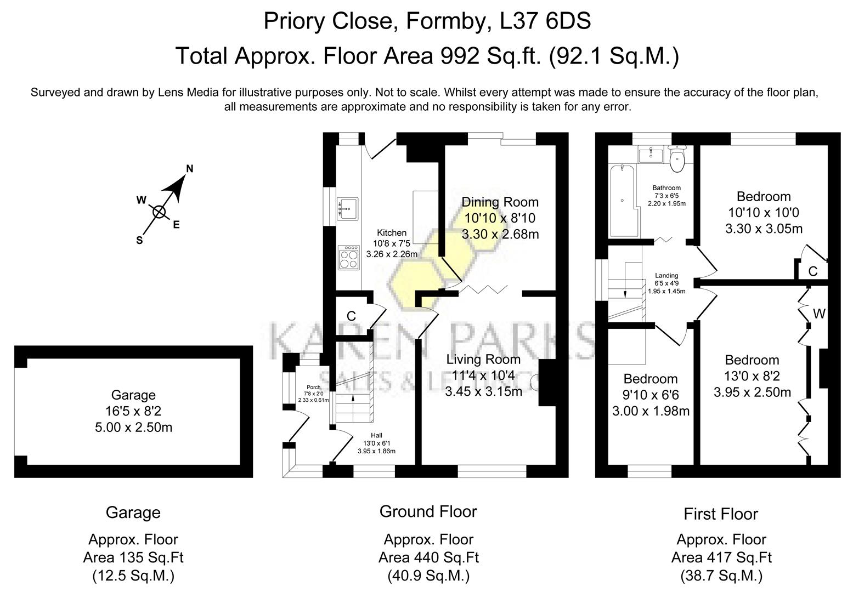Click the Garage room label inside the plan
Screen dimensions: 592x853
(x=133, y=395)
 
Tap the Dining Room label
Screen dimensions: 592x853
(x=500, y=202)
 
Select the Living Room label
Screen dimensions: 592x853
(x=483, y=360)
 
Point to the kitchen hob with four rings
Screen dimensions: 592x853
(x=348, y=258)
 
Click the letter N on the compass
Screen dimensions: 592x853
(x=190, y=169)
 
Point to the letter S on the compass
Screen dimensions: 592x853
(x=139, y=240)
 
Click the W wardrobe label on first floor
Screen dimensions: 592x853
(x=818, y=314)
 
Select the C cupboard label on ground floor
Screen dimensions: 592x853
(x=351, y=316)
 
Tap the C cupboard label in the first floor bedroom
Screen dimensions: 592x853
(x=813, y=271)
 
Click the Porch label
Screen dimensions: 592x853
(x=313, y=388)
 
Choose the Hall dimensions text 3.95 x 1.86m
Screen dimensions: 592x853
(x=376, y=451)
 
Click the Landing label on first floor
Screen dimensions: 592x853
(x=666, y=276)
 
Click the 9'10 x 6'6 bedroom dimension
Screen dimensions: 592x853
(x=651, y=395)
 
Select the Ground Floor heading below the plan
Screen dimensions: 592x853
(x=428, y=511)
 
